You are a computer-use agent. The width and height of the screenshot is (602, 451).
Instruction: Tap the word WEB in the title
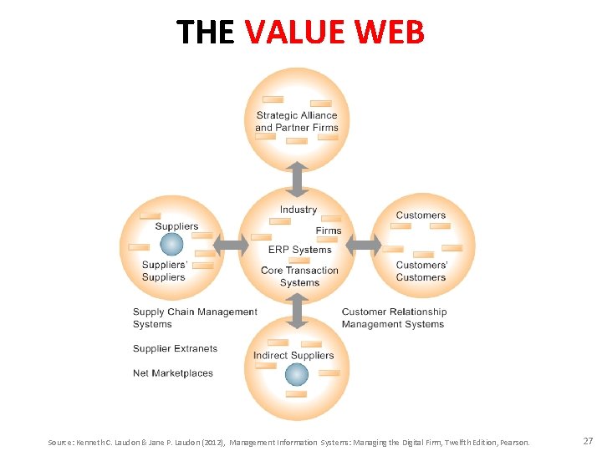[390, 32]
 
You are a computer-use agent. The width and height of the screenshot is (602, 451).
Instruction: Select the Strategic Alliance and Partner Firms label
[297, 122]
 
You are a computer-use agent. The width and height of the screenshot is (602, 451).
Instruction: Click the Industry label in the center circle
[298, 210]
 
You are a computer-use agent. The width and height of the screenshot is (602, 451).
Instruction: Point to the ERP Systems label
[299, 250]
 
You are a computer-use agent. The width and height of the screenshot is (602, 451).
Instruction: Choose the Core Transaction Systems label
[299, 276]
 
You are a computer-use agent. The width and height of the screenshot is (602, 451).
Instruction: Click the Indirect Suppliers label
[293, 355]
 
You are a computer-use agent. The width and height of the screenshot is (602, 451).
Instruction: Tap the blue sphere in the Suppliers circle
[171, 244]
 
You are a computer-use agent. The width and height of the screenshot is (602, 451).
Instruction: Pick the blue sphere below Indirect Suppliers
[297, 374]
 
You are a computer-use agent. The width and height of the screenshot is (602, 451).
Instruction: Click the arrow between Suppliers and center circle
[232, 245]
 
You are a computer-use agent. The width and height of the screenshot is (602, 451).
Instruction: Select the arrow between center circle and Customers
[363, 245]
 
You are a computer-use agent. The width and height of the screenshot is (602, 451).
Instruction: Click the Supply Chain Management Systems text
[195, 318]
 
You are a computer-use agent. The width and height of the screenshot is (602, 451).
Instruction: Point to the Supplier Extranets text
[175, 348]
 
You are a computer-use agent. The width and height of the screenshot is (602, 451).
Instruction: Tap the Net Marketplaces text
[173, 373]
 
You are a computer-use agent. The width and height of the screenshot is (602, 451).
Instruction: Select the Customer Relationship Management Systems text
[394, 318]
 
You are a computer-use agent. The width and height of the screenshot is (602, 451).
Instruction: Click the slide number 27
[587, 441]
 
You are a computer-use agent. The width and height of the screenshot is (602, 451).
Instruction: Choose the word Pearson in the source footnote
[513, 442]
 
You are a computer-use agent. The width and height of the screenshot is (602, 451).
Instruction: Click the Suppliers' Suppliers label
[164, 271]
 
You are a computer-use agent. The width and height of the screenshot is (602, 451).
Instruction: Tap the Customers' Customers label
[421, 271]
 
